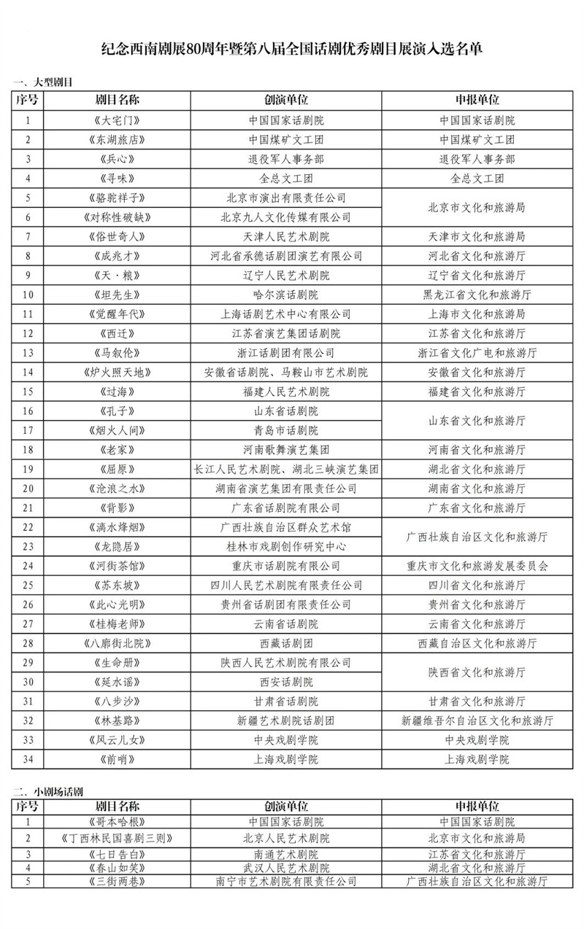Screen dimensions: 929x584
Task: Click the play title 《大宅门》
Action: (x=116, y=120)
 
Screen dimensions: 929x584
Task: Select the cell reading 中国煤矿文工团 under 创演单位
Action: (x=285, y=140)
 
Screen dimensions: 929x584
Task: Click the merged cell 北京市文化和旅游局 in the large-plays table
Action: (x=478, y=207)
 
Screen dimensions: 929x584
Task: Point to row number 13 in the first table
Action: (x=28, y=353)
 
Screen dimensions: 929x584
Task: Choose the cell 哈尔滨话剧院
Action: (x=285, y=295)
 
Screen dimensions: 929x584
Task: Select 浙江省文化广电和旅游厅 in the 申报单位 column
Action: (x=478, y=353)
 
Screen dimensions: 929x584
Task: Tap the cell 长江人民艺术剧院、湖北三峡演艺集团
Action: (x=285, y=469)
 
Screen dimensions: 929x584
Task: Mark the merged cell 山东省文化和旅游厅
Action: (x=478, y=421)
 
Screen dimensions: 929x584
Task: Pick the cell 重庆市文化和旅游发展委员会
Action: (x=478, y=566)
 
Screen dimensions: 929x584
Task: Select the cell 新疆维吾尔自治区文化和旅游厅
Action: (x=478, y=720)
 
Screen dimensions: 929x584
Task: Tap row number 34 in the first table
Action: (x=28, y=759)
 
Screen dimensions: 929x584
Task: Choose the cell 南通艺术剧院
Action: (x=285, y=854)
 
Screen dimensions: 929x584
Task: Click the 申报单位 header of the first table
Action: (x=478, y=100)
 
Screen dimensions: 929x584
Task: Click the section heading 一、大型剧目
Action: (x=43, y=82)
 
